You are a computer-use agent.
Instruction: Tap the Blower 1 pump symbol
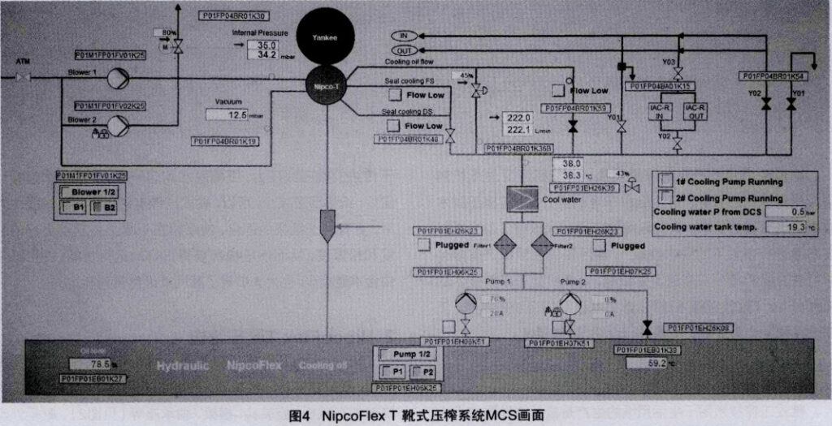(x=119, y=79)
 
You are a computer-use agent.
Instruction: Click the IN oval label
(x=405, y=36)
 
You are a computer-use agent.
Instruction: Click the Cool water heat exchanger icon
(x=522, y=197)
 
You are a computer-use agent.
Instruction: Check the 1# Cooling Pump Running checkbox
(x=665, y=181)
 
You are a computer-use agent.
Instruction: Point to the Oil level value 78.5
(x=97, y=364)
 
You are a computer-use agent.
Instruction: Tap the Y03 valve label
(x=669, y=62)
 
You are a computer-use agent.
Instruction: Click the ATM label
(x=23, y=62)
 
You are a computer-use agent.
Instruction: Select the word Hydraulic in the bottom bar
(x=182, y=365)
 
